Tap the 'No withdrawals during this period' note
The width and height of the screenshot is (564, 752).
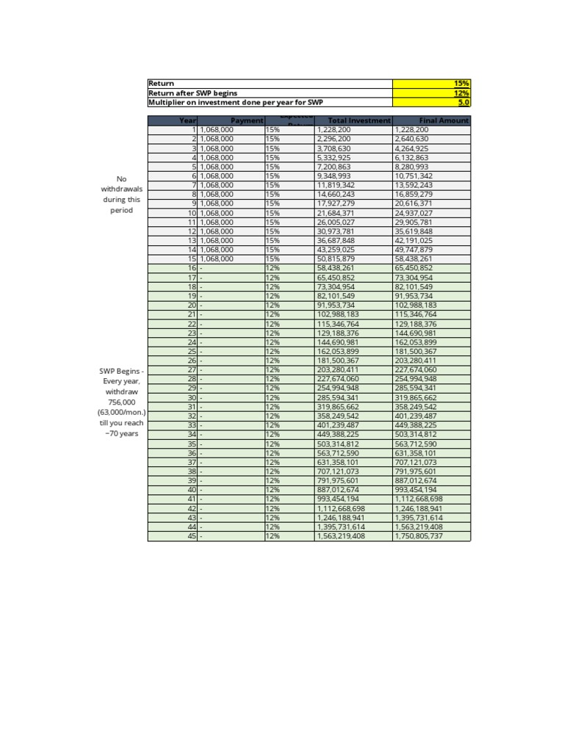(121, 195)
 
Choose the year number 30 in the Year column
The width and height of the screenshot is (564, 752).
(192, 397)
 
